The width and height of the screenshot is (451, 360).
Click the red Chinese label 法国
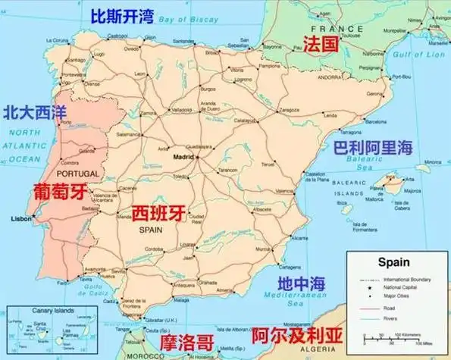(319, 44)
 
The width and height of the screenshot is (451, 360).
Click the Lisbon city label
(19, 219)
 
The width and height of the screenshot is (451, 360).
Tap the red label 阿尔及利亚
(292, 334)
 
